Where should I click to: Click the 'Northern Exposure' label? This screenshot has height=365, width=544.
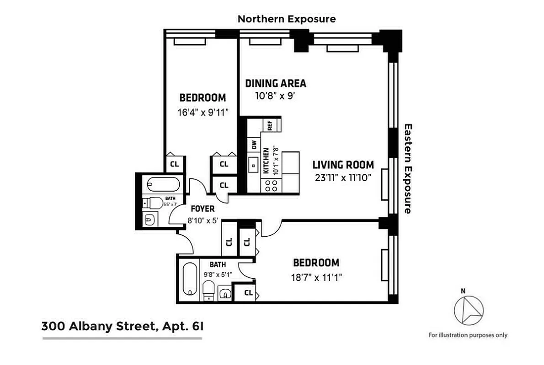[x=287, y=19]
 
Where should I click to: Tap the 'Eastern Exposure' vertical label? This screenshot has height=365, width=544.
[x=408, y=168]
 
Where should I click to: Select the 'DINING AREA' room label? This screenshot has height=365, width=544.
[x=276, y=83]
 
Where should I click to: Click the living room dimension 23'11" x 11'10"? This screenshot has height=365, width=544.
[x=343, y=178]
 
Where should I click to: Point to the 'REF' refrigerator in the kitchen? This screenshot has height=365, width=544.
[x=270, y=125]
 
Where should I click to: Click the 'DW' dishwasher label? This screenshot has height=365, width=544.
[x=254, y=145]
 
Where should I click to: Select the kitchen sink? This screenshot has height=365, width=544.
[x=253, y=165]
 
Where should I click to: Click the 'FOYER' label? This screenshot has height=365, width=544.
[x=203, y=209]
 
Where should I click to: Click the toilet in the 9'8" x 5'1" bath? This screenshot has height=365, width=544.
[x=209, y=289]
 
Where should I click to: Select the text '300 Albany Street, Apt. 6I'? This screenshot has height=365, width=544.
[x=121, y=326]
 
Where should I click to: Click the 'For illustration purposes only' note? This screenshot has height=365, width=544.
[x=468, y=335]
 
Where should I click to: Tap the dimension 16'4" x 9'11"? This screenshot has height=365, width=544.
[x=203, y=112]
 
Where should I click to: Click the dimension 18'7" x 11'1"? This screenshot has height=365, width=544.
[x=316, y=276]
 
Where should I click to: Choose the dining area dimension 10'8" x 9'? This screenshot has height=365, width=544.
[x=276, y=96]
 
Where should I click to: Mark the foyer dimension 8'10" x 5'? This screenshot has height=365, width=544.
[x=203, y=220]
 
